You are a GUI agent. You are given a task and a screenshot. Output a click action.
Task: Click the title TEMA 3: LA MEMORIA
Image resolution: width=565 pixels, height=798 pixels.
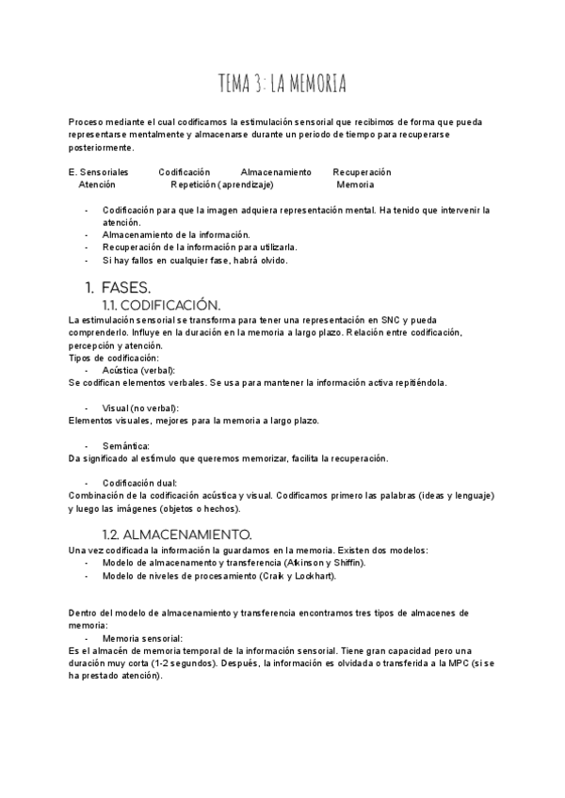pos(282,86)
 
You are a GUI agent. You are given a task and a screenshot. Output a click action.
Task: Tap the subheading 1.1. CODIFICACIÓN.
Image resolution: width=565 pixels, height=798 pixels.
pos(160,305)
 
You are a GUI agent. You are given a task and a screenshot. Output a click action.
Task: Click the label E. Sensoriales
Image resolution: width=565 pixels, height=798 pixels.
pos(99,172)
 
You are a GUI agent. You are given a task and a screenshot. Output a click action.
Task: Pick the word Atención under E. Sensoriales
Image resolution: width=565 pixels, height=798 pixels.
pos(97,185)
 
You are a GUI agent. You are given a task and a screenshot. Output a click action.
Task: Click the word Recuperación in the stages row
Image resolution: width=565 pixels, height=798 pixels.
pos(362,172)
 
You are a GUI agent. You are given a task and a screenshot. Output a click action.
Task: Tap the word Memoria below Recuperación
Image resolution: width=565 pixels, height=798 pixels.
pos(355,185)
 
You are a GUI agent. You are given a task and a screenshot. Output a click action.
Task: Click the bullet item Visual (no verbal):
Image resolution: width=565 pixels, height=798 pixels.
pos(140,407)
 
